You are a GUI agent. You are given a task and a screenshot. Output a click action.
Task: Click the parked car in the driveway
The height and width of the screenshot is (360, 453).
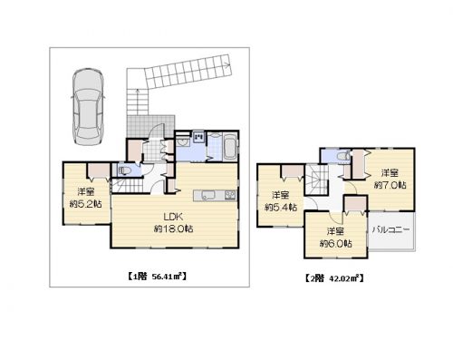[x=88, y=107]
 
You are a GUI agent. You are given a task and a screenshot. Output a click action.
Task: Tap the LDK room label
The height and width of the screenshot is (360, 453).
[x=173, y=217]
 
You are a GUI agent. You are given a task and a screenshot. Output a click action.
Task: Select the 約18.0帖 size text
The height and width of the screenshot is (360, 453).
[x=173, y=229]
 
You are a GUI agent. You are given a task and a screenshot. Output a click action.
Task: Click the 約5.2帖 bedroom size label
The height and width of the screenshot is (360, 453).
[x=85, y=204]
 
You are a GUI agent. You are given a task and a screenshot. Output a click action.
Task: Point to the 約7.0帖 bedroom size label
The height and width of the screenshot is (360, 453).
[x=390, y=185]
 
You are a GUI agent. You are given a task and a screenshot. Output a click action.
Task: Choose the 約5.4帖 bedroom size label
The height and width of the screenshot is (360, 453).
[x=281, y=208]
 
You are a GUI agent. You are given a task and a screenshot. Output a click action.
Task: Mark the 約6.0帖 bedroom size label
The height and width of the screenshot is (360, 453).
[x=335, y=243]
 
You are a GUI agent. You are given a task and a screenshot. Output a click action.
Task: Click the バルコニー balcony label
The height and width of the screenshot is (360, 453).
[x=391, y=229]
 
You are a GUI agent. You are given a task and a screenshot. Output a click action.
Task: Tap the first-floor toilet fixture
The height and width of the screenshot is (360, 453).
[x=124, y=170]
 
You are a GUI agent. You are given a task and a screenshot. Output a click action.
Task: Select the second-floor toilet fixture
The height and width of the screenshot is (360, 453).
[x=343, y=157]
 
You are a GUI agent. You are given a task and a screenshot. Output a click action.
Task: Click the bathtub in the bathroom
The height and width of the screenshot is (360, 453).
[x=230, y=149]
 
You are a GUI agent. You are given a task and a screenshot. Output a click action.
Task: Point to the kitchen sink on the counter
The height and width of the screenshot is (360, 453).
[x=208, y=196]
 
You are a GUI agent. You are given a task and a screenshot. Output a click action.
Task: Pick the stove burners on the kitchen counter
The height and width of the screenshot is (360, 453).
[x=230, y=195]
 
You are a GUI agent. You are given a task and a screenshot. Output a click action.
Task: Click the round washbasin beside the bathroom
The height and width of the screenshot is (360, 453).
[x=182, y=141]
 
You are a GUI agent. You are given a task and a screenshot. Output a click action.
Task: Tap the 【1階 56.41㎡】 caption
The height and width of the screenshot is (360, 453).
[x=155, y=277]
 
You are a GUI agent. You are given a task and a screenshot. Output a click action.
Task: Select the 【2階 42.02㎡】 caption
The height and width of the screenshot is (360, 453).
[x=333, y=278]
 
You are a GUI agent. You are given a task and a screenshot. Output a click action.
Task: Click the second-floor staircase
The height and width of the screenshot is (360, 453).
[x=316, y=180]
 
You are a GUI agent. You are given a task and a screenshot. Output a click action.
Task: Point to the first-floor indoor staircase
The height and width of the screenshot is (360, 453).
[x=127, y=185]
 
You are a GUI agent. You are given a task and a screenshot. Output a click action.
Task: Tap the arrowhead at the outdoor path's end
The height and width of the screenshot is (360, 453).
[x=226, y=63]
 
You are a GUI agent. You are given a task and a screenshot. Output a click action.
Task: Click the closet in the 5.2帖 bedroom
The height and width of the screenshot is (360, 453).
[x=99, y=170]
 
